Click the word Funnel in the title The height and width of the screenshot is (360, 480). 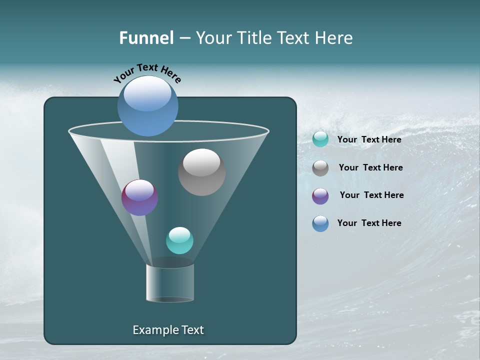(x=146, y=38)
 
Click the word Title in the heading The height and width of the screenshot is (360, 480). (x=253, y=38)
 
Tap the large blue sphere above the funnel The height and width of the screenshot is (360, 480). (x=147, y=106)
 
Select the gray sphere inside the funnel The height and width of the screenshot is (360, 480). (x=201, y=172)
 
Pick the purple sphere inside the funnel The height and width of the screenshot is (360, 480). (x=139, y=197)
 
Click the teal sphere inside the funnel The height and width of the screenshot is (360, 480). (x=179, y=240)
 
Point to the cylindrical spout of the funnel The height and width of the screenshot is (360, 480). (x=170, y=283)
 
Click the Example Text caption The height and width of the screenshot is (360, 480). (x=168, y=330)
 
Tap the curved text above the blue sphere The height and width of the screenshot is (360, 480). (x=147, y=73)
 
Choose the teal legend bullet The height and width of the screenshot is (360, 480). (x=320, y=139)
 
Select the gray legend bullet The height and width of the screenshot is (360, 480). (x=320, y=168)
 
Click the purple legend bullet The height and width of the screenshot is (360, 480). (x=320, y=196)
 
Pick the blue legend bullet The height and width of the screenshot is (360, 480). (x=320, y=223)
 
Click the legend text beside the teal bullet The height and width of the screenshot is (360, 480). (x=369, y=139)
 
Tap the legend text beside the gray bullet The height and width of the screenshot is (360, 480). (x=370, y=167)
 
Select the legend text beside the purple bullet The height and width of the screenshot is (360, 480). (x=371, y=195)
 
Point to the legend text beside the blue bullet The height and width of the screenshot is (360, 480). (x=369, y=223)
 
